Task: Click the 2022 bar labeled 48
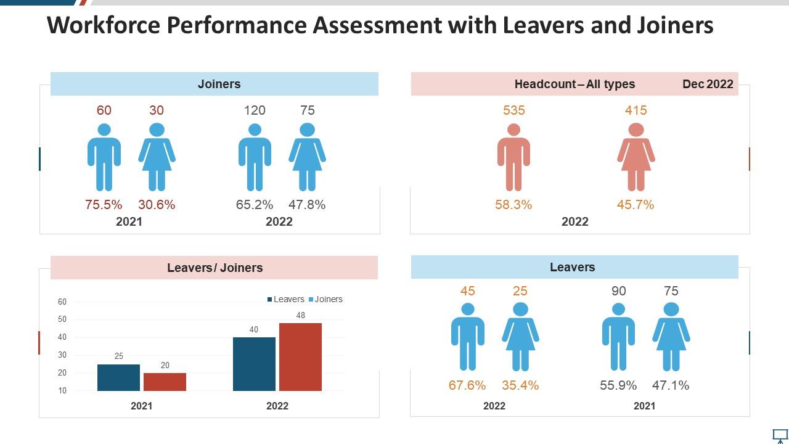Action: click(x=300, y=356)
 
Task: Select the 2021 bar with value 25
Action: click(x=118, y=377)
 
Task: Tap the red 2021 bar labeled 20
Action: click(x=165, y=382)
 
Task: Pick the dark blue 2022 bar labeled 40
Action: click(x=254, y=364)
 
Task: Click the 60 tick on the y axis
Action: click(x=62, y=302)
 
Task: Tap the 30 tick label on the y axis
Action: click(x=62, y=355)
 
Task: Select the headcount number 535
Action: click(x=513, y=110)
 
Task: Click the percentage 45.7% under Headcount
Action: click(x=636, y=205)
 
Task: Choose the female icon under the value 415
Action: click(x=636, y=157)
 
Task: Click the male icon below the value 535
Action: click(x=513, y=157)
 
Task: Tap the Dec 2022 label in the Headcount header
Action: click(x=708, y=84)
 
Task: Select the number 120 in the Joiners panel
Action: click(x=255, y=110)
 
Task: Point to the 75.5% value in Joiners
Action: click(x=104, y=205)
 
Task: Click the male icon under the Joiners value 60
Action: click(x=104, y=157)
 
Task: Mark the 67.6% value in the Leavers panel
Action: click(x=467, y=385)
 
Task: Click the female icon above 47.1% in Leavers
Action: click(x=671, y=337)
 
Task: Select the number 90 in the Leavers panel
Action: click(x=618, y=291)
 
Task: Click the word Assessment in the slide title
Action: click(x=377, y=25)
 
